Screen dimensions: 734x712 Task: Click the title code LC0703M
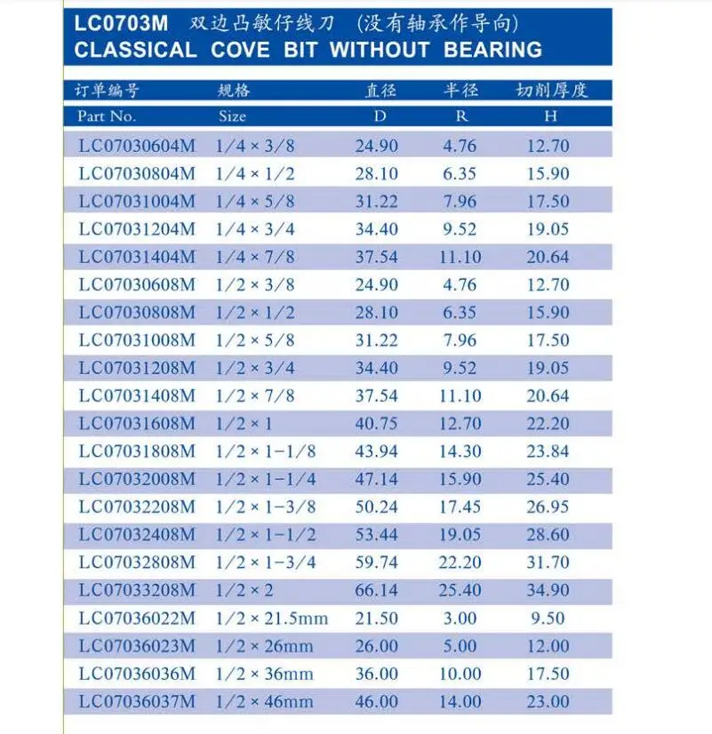pos(122,23)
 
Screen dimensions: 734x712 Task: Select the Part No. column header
pos(107,116)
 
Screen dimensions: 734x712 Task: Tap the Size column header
pos(232,116)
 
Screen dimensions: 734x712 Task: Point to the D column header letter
pos(380,116)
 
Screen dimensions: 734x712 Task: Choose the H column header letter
pos(550,116)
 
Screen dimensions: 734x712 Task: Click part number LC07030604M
pos(137,146)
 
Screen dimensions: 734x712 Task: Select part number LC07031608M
pos(137,423)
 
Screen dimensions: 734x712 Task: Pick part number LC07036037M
pos(137,701)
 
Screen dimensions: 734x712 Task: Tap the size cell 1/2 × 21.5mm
pos(272,618)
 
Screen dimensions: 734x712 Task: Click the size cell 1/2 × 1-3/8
pos(266,507)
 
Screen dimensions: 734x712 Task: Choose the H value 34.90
pos(548,590)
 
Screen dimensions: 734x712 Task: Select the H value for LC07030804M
pos(548,173)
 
